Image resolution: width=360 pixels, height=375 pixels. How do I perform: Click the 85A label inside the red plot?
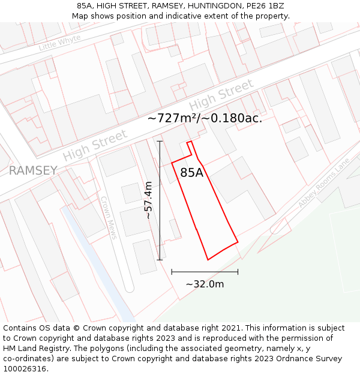click(192, 173)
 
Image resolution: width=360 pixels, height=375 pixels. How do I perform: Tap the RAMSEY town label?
click(33, 170)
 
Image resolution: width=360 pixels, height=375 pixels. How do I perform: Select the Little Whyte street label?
click(59, 42)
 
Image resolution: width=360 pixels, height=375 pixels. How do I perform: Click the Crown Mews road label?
click(109, 218)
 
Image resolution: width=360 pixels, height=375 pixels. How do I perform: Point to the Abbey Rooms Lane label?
click(323, 183)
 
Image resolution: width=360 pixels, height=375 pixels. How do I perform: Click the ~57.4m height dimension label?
click(148, 200)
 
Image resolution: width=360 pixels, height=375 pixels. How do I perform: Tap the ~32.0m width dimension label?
click(205, 284)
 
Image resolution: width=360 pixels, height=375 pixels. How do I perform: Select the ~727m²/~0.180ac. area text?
click(205, 118)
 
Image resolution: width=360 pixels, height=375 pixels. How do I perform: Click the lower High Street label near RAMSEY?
click(95, 145)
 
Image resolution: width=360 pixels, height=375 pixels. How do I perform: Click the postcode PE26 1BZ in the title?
click(263, 6)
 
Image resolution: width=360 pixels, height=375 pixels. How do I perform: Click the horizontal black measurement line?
click(205, 272)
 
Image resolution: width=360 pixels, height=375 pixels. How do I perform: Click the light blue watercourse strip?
click(96, 258)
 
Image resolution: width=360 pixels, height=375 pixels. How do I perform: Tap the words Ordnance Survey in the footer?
click(313, 358)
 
